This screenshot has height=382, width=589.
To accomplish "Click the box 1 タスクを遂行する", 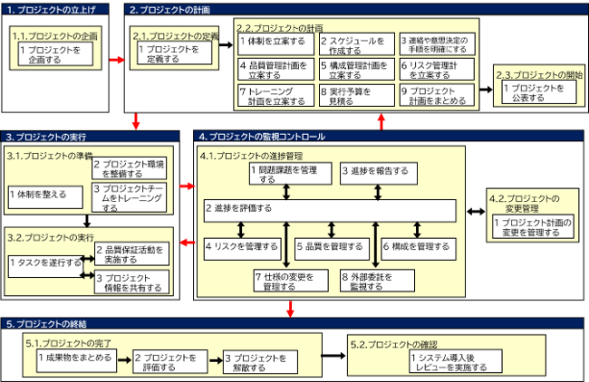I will point(43,262).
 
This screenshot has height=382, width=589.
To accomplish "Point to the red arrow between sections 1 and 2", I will point(115,60).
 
